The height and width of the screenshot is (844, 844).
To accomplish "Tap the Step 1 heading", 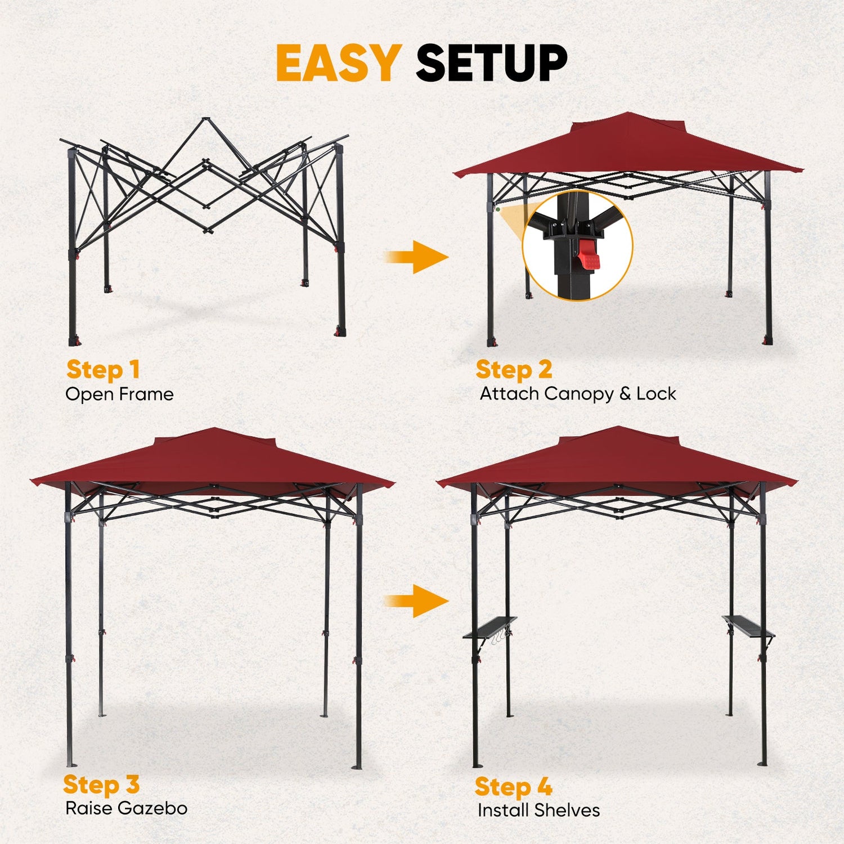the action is pyautogui.click(x=103, y=370).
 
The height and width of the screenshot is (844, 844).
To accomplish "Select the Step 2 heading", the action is pyautogui.click(x=514, y=370).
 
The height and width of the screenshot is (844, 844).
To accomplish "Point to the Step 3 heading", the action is pyautogui.click(x=101, y=784).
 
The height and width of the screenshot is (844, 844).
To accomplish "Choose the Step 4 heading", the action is pyautogui.click(x=513, y=787).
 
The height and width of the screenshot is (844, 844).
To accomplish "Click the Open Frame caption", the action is pyautogui.click(x=119, y=394).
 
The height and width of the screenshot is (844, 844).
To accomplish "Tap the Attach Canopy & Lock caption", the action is pyautogui.click(x=578, y=394).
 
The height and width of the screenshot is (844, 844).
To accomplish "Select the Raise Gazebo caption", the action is pyautogui.click(x=126, y=809).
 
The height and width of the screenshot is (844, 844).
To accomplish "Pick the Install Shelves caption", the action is pyautogui.click(x=538, y=810).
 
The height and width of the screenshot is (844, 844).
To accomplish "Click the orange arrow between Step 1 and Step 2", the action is pyautogui.click(x=416, y=257).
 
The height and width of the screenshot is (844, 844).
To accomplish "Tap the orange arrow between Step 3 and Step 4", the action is pyautogui.click(x=416, y=601).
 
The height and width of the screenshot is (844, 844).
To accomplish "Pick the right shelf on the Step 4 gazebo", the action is pyautogui.click(x=748, y=626).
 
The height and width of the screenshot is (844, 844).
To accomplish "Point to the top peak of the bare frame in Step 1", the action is pyautogui.click(x=205, y=119).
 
